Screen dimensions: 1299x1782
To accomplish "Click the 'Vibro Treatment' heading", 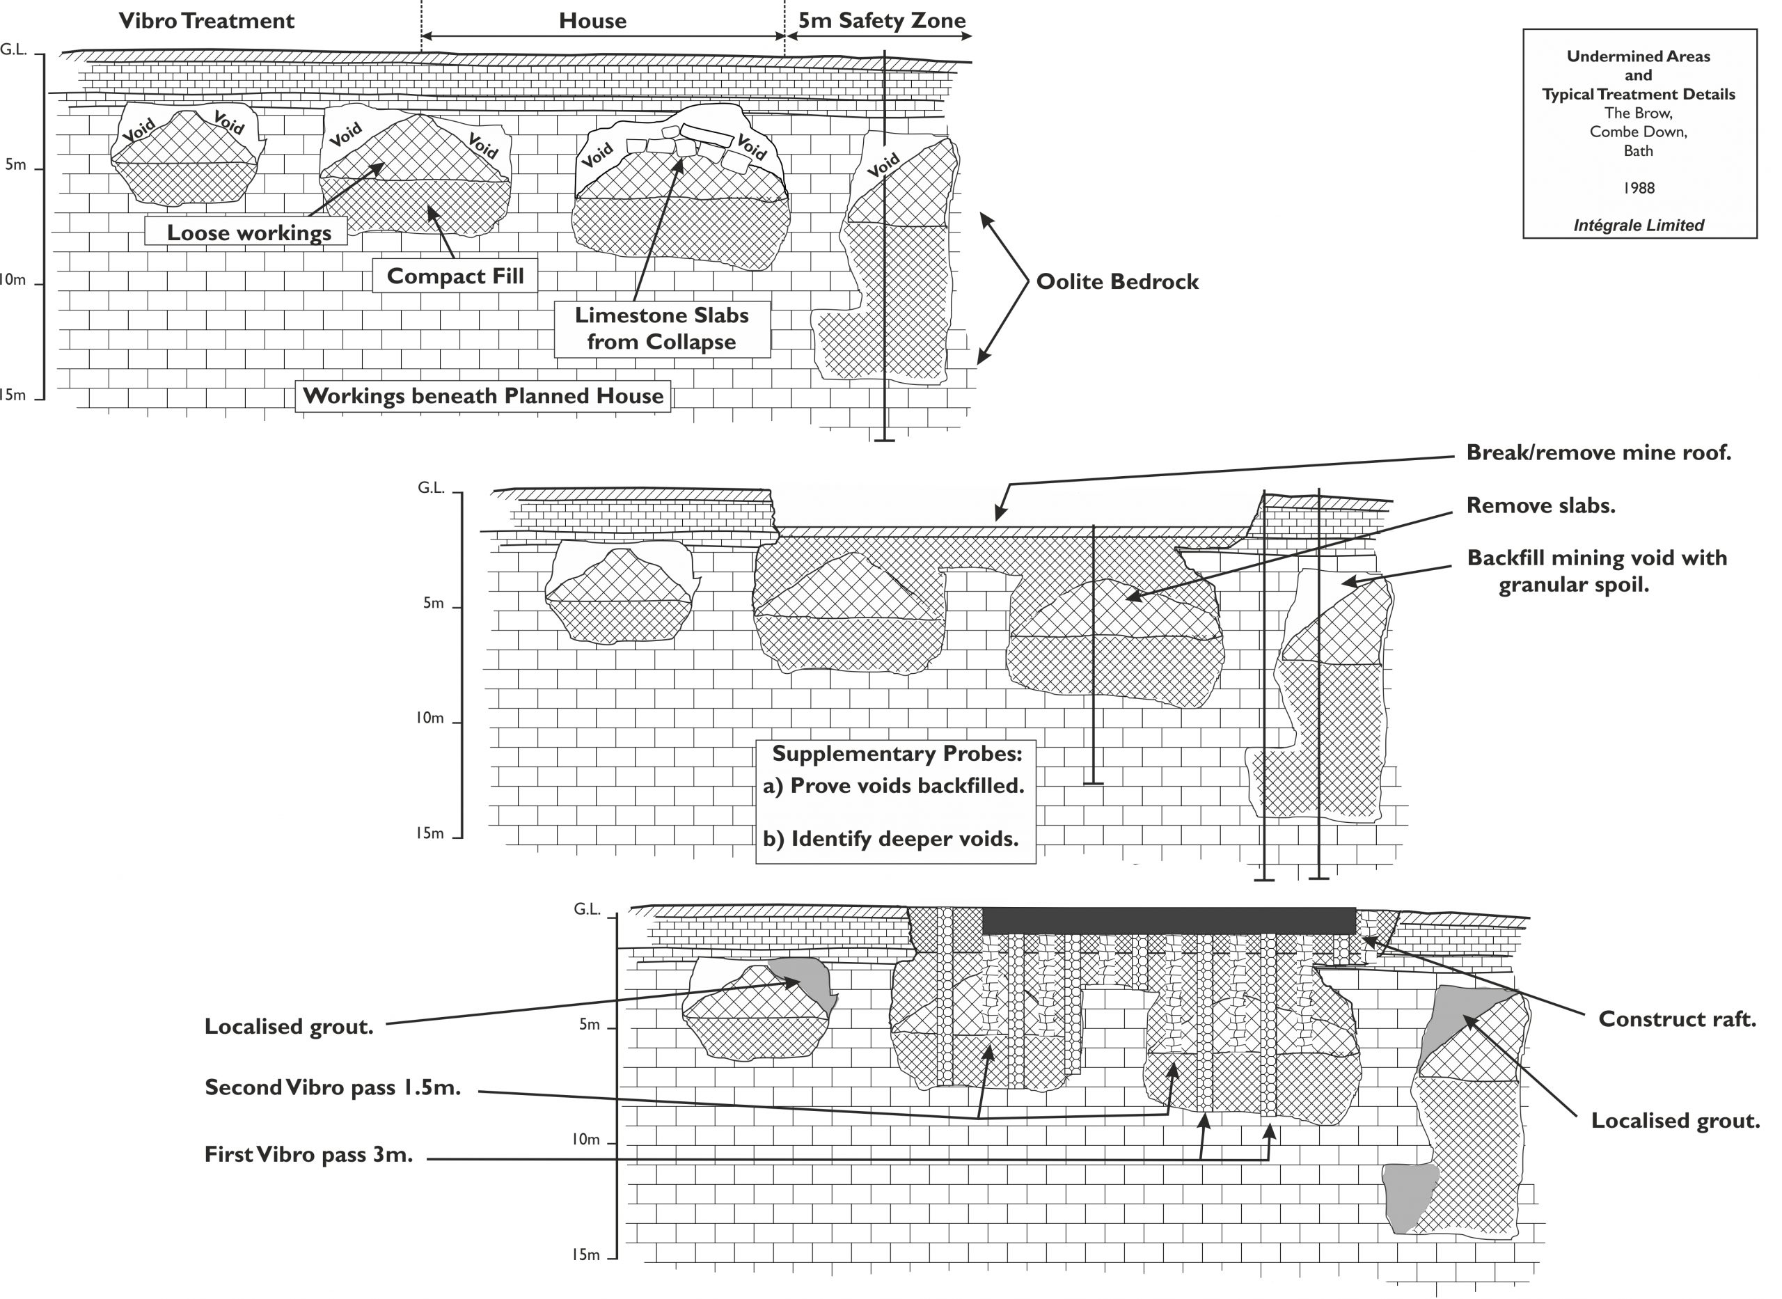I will point(206,20).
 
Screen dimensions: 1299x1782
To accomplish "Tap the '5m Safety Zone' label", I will point(882,20).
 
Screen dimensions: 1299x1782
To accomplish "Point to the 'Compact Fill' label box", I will point(455,276).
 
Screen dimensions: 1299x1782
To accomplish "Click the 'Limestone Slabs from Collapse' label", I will point(661,329).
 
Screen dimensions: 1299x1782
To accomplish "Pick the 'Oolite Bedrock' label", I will point(1117,281).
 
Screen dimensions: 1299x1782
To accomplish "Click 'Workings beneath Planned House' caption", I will point(482,395).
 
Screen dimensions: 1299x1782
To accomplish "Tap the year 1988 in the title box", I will point(1638,188).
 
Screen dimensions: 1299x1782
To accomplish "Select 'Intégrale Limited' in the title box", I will point(1638,226).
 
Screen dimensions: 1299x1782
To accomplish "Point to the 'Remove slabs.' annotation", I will point(1540,505).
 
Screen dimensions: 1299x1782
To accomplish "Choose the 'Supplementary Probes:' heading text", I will point(897,753).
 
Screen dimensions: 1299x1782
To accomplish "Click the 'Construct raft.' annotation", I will point(1677,1019).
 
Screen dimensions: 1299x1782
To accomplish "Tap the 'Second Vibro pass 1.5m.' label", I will point(333,1087).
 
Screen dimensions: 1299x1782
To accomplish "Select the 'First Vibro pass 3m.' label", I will point(308,1154).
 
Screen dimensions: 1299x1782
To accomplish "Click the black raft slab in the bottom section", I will point(1168,921).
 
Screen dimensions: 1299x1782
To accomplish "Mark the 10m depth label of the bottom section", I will point(585,1140).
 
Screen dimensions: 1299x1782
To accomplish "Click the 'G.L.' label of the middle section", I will point(431,488).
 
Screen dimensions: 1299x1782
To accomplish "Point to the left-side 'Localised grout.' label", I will point(288,1026).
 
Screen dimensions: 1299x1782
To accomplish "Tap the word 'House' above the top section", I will point(592,20).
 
